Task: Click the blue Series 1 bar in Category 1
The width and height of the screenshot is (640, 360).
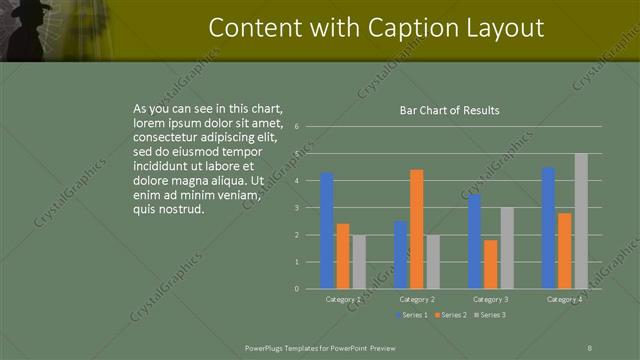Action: click(327, 231)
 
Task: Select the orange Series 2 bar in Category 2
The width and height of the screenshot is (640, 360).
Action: click(416, 229)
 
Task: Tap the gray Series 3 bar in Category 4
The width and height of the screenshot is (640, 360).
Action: click(581, 221)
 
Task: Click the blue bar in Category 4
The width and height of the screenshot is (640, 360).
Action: click(548, 228)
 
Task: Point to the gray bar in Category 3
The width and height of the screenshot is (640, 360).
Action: click(507, 248)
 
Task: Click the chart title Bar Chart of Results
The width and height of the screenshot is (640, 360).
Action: click(443, 110)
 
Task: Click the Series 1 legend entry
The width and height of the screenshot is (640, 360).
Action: click(414, 315)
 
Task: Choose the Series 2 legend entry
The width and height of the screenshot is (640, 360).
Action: click(451, 315)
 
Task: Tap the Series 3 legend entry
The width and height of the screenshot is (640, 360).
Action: click(489, 315)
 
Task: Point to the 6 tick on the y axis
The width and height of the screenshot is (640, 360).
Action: click(297, 127)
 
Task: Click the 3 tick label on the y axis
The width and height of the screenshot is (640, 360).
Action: click(297, 208)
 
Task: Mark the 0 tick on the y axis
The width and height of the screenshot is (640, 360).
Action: click(297, 289)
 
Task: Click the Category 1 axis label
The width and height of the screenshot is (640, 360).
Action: click(343, 299)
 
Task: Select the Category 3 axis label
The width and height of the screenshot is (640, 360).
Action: click(490, 299)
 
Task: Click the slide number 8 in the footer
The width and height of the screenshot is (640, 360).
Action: click(590, 346)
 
